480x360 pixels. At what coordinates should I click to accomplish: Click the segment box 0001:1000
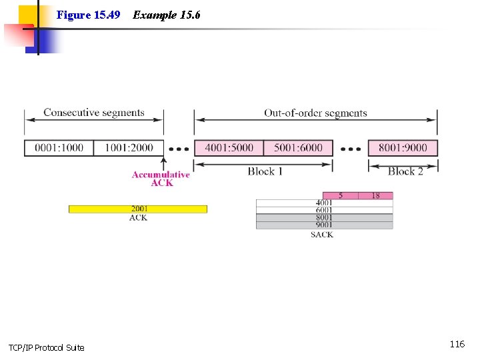pyautogui.click(x=59, y=147)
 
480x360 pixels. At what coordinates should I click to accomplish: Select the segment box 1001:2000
pyautogui.click(x=129, y=147)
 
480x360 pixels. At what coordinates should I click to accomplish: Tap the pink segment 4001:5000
pyautogui.click(x=229, y=147)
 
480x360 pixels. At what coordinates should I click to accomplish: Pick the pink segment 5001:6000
pyautogui.click(x=298, y=147)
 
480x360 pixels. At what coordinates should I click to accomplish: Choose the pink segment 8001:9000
pyautogui.click(x=403, y=147)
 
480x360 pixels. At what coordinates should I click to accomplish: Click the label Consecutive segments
pyautogui.click(x=94, y=113)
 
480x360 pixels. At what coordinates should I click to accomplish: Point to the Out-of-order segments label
pyautogui.click(x=315, y=113)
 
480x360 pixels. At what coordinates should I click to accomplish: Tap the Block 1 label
pyautogui.click(x=265, y=171)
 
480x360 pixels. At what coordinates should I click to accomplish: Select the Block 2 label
pyautogui.click(x=405, y=171)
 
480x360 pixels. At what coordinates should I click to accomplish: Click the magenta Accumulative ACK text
pyautogui.click(x=161, y=179)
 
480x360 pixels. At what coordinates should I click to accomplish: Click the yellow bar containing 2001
pyautogui.click(x=138, y=209)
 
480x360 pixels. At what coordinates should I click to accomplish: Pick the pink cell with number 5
pyautogui.click(x=341, y=195)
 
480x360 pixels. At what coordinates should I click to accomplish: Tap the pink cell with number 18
pyautogui.click(x=375, y=195)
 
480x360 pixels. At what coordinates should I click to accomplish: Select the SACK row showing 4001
pyautogui.click(x=324, y=203)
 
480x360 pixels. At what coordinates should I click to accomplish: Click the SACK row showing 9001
pyautogui.click(x=324, y=225)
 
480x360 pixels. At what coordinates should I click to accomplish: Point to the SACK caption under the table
pyautogui.click(x=322, y=235)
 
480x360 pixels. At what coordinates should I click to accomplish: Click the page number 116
pyautogui.click(x=457, y=344)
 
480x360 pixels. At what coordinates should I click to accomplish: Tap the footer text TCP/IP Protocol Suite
pyautogui.click(x=47, y=347)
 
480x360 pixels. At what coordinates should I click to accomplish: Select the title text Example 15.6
pyautogui.click(x=167, y=15)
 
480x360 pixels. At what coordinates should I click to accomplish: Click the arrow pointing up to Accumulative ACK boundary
pyautogui.click(x=163, y=163)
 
